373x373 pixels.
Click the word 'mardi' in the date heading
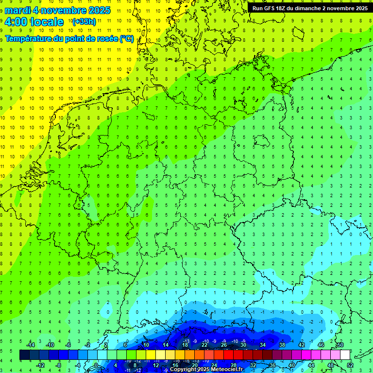17,10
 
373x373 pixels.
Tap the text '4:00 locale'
34,22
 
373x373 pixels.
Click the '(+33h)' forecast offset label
84,21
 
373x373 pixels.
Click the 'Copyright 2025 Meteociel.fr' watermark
206,370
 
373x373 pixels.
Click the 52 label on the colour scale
350,365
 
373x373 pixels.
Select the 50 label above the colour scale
340,345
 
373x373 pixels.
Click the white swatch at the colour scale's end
345,355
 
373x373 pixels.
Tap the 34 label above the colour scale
263,345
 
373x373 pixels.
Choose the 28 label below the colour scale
234,365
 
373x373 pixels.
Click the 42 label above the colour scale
302,345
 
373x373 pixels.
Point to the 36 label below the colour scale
272,365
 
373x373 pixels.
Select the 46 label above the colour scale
321,345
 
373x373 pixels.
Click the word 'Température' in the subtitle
29,38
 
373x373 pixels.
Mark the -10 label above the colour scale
49,345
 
